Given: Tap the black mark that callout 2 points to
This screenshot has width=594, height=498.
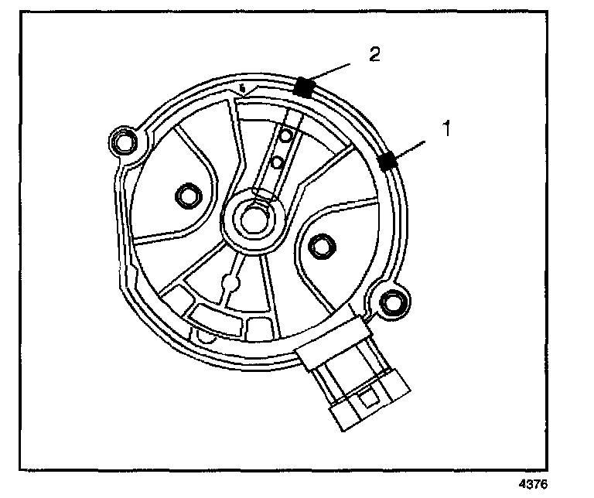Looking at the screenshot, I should [303, 86].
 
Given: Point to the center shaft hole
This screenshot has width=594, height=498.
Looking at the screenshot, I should [251, 217].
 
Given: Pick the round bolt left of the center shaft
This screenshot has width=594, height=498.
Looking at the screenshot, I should [186, 196].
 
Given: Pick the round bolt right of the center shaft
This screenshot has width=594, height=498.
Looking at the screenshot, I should [319, 246].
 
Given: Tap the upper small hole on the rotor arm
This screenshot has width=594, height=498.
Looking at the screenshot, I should [285, 137].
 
